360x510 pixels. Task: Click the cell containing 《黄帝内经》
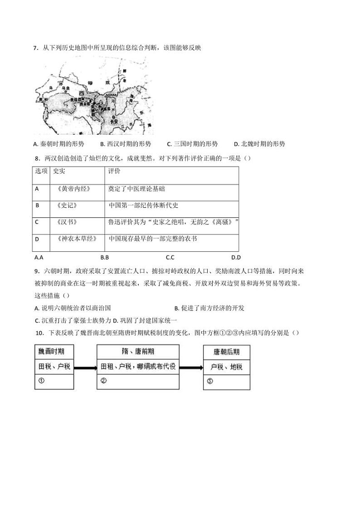point(72,189)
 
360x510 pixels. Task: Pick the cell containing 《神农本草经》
point(74,238)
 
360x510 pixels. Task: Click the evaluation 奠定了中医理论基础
point(136,189)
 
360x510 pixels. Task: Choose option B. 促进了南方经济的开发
point(209,308)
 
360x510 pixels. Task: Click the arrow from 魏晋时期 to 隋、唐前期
point(85,367)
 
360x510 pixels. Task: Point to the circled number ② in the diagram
point(103,381)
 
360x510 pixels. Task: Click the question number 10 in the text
point(38,333)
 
